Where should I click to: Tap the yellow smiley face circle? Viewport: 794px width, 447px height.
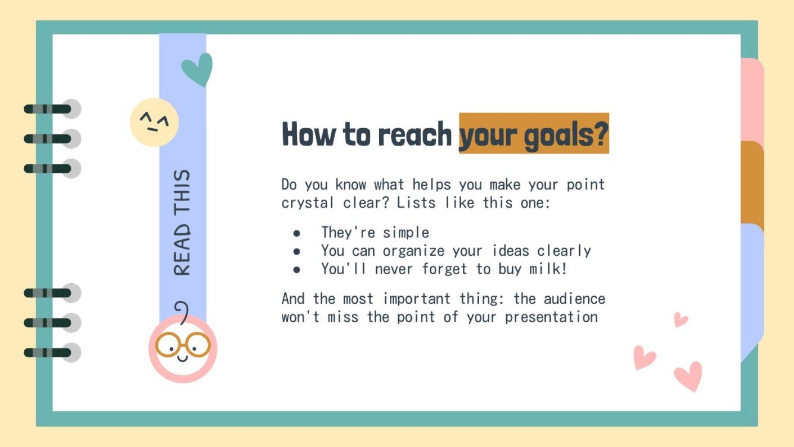click(154, 122)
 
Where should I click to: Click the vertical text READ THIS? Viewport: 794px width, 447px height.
click(183, 223)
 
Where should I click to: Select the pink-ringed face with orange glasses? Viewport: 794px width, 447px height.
click(183, 348)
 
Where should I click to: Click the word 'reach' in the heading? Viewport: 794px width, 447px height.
click(414, 134)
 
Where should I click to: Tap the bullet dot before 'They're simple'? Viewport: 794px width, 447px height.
click(297, 233)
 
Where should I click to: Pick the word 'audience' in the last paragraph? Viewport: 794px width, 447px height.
click(574, 298)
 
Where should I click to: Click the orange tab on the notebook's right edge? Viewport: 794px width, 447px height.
click(752, 182)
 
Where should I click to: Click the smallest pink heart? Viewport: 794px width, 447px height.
click(680, 319)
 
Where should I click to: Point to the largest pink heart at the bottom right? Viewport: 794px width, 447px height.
click(688, 375)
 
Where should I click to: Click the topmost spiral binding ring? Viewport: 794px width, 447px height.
click(51, 109)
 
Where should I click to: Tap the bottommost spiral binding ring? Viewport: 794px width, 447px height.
click(51, 353)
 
